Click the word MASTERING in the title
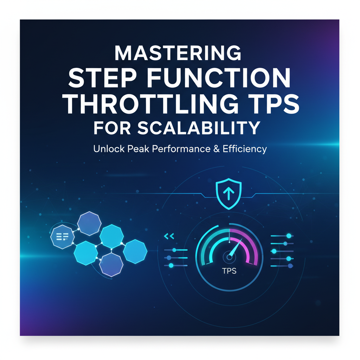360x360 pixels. coord(178,53)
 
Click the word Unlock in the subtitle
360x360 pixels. coord(107,149)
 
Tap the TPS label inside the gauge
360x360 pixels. coord(229,271)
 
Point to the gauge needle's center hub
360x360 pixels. coord(229,257)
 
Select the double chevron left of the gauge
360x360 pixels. coord(169,237)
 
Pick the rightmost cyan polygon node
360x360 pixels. coord(135,251)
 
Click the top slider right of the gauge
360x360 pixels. coord(282,236)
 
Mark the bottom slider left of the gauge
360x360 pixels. coord(176,265)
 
